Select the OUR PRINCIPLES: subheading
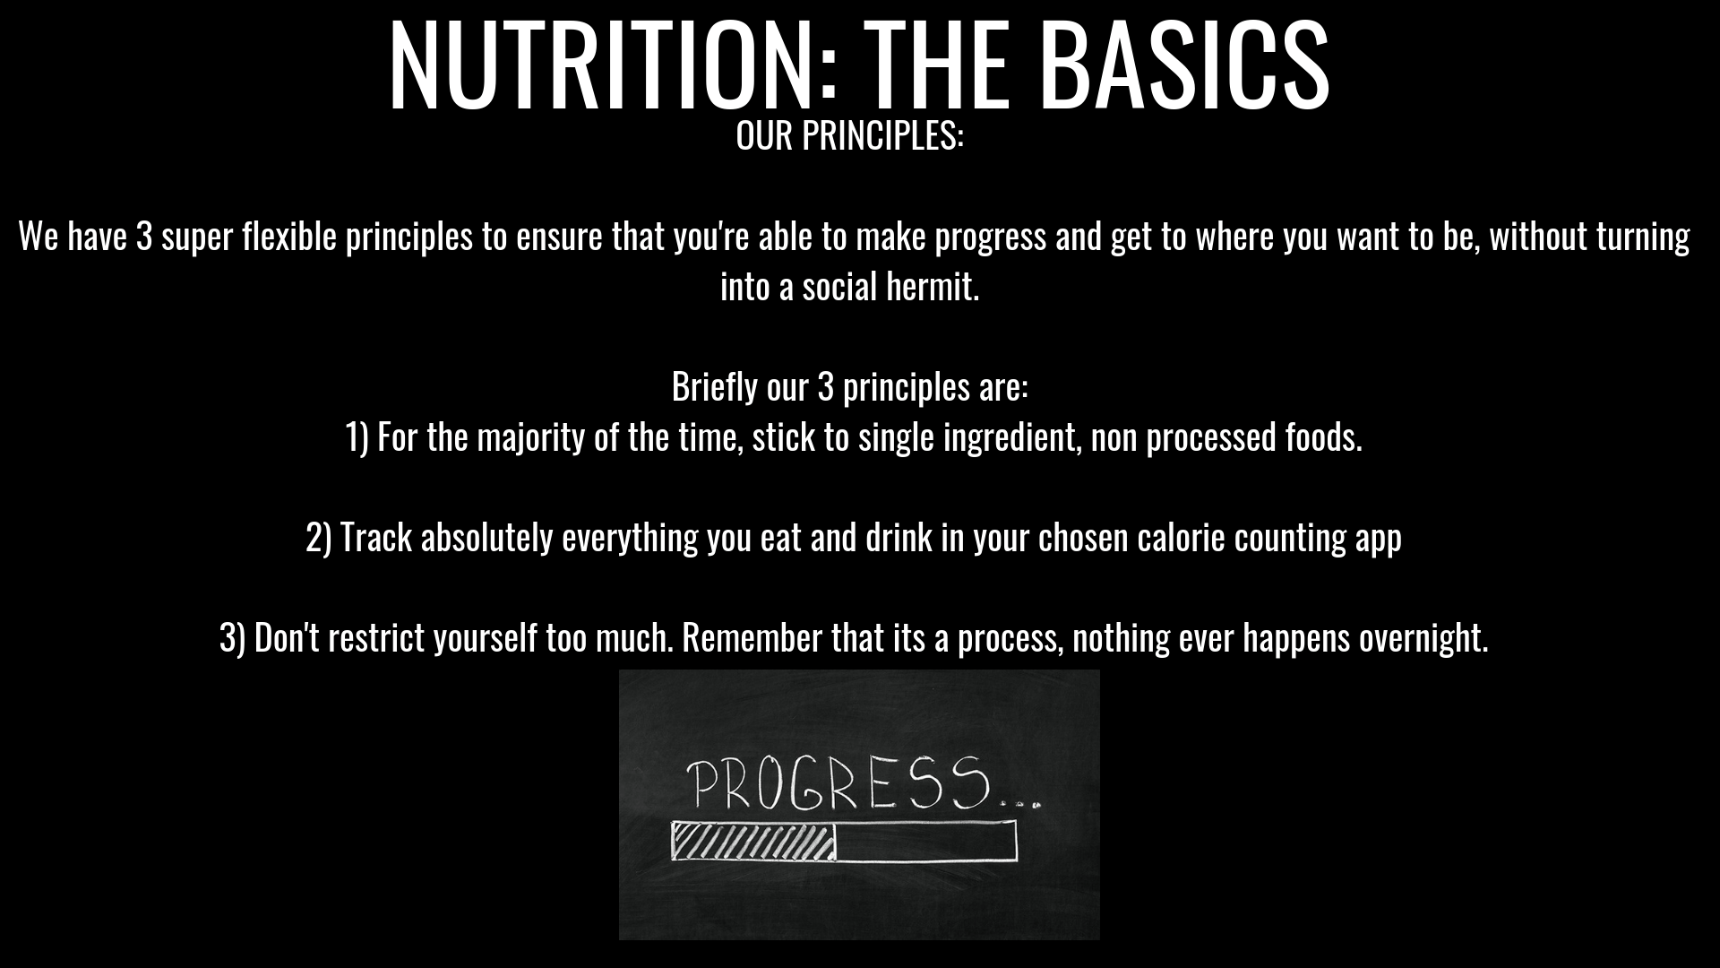849,135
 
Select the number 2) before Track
319,539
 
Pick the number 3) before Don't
233,639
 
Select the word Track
376,539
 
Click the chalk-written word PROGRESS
838,783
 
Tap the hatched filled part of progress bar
753,842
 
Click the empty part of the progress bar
926,842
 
